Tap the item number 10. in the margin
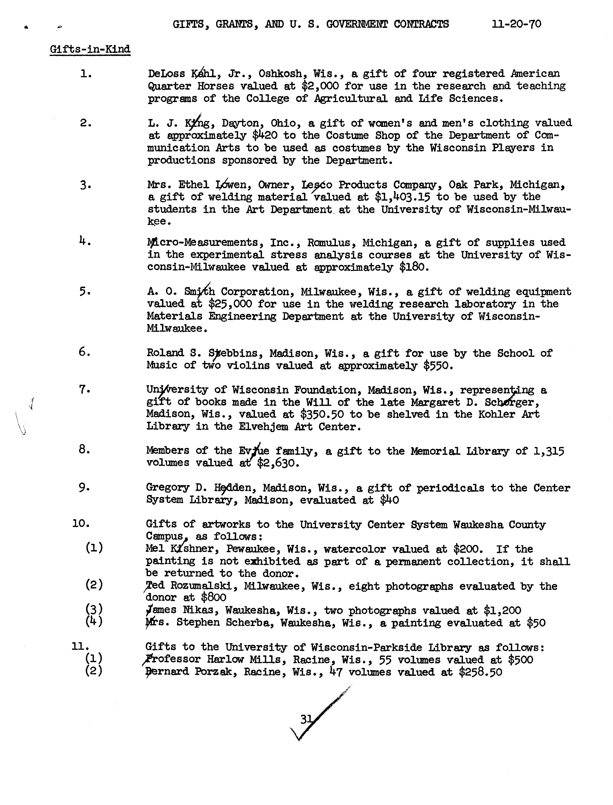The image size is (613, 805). (x=81, y=524)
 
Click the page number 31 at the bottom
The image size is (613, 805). (x=306, y=719)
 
